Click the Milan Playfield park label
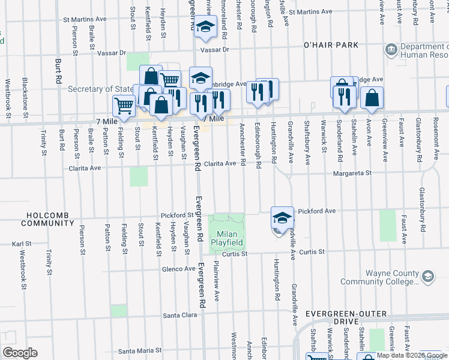point(227,237)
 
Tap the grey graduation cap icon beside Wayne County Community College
point(427,276)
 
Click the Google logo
point(20,353)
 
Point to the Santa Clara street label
point(180,315)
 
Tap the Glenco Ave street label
point(178,269)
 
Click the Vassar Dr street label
point(217,50)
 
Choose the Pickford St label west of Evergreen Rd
point(176,215)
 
